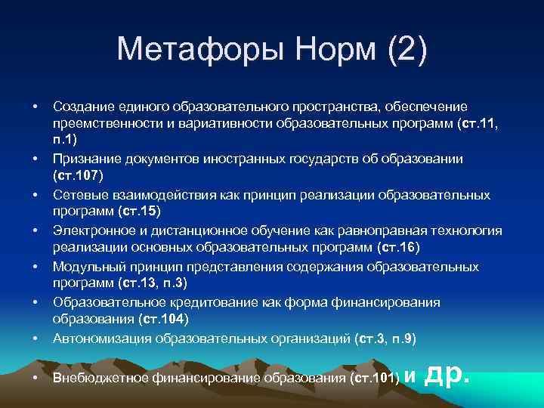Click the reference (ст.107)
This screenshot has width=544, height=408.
pyautogui.click(x=82, y=176)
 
